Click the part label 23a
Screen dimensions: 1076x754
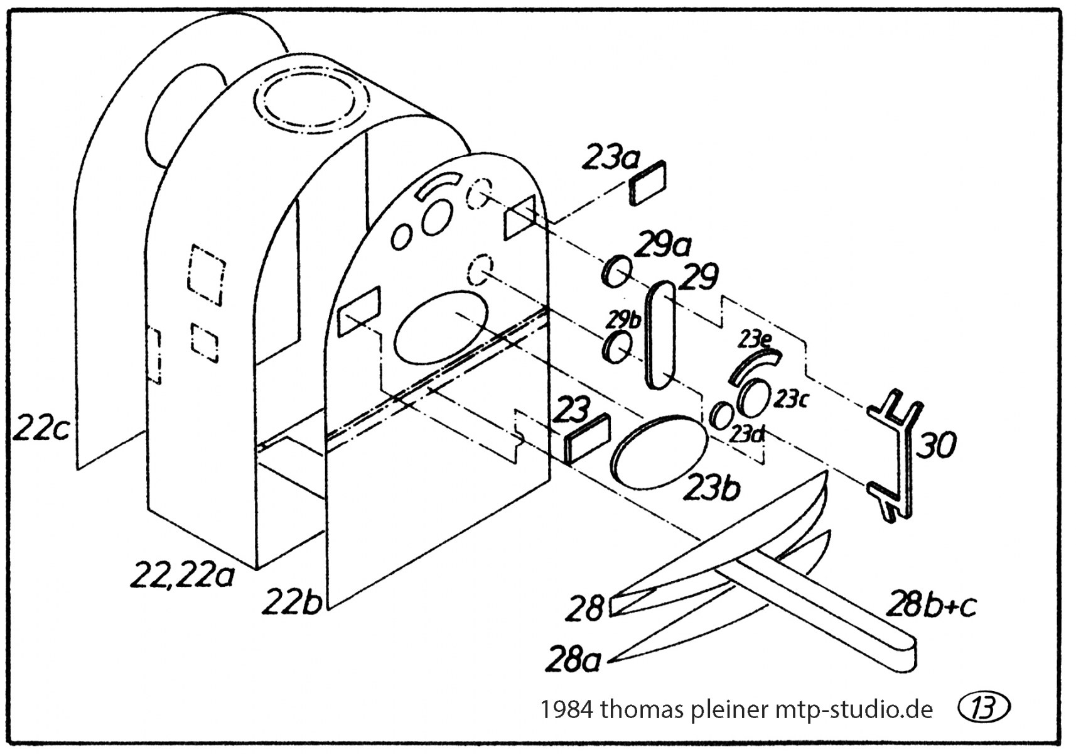(x=610, y=156)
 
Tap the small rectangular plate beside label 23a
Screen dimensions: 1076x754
(x=648, y=183)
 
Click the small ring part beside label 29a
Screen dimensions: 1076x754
(x=616, y=271)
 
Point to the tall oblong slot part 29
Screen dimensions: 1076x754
(x=662, y=334)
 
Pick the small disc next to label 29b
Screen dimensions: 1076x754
(x=616, y=347)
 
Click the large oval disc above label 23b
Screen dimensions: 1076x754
(x=660, y=452)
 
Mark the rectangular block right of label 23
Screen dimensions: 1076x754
(x=586, y=438)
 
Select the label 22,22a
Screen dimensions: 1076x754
(x=182, y=576)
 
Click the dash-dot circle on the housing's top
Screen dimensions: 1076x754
(x=311, y=102)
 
